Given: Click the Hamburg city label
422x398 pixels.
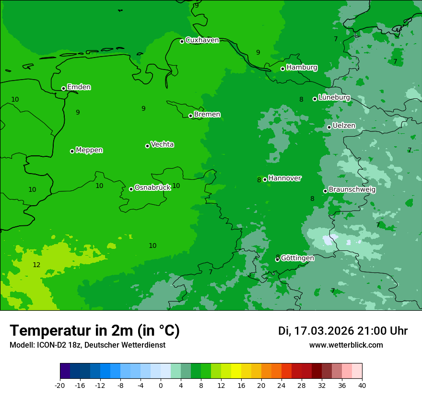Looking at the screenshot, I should [302, 68].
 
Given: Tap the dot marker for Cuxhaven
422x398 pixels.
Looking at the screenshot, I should [182, 41].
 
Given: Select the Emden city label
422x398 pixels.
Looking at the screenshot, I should [79, 87].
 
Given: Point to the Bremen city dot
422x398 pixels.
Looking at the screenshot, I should [190, 116].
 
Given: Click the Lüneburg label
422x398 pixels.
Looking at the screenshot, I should [334, 97].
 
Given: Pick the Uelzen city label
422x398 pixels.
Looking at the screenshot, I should [344, 126].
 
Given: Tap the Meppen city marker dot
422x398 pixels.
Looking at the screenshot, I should [72, 151].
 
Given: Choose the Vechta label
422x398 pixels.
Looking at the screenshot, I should [162, 144].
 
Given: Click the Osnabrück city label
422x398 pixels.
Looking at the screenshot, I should [152, 187].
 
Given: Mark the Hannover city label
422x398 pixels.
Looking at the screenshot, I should [284, 178].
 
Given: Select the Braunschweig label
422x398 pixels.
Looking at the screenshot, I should [352, 190].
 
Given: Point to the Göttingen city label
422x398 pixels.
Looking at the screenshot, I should [297, 258].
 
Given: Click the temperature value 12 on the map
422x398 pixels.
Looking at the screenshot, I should [36, 265].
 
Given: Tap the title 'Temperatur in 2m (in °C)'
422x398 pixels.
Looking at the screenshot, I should [94, 331].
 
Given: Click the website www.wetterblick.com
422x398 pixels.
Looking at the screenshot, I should [346, 345].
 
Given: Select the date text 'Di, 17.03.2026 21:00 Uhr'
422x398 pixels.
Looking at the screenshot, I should [343, 331].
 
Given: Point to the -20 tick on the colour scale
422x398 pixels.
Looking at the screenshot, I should [60, 385].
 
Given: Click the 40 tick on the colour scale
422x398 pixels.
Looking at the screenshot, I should [362, 385].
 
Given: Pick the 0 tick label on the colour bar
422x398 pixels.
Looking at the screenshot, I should [161, 385].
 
